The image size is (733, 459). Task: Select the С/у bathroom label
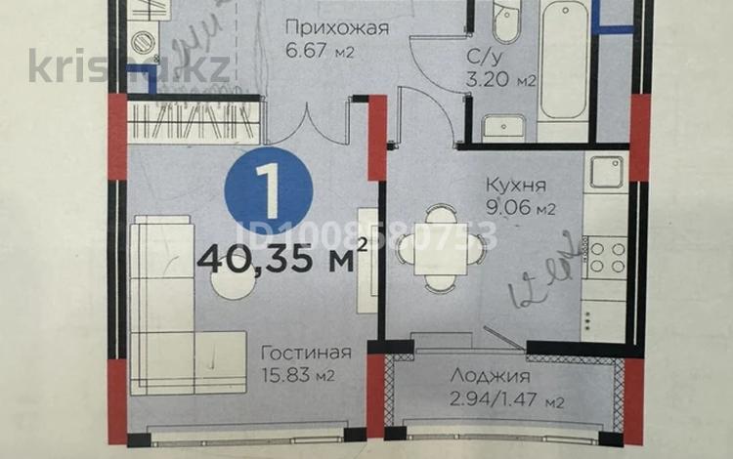pos(489,57)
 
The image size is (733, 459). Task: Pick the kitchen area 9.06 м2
pos(519,207)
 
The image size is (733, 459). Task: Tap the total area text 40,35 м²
pos(280,258)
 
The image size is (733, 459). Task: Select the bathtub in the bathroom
pos(563,73)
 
